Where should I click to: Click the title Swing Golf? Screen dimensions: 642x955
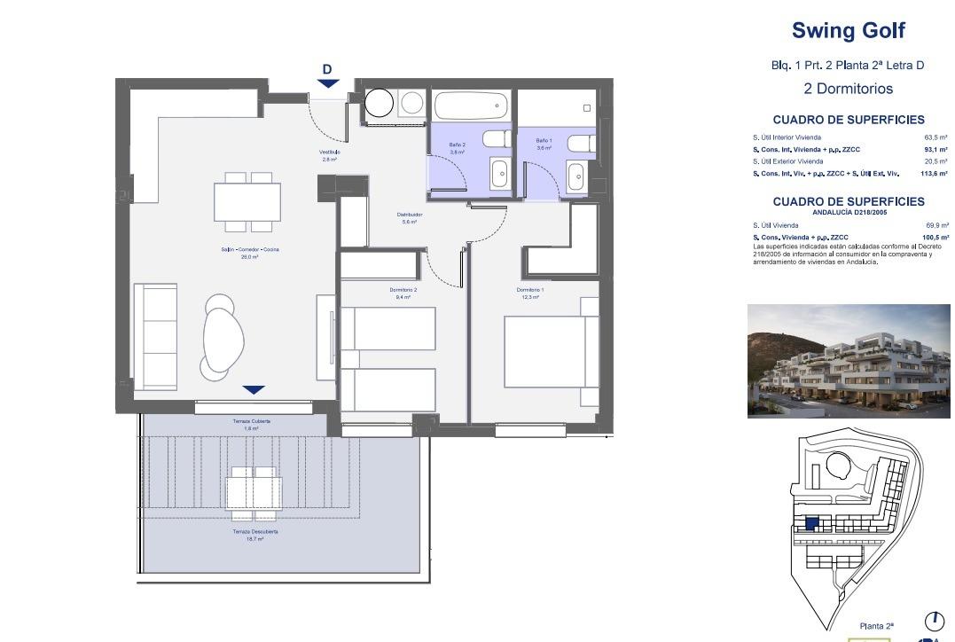pos(848,31)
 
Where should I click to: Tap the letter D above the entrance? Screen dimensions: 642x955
pos(327,69)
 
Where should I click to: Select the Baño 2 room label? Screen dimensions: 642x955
pos(457,145)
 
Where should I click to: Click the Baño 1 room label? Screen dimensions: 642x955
pos(544,141)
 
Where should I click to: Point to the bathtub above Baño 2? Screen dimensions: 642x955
pos(471,106)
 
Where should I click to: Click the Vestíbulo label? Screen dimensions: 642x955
pos(329,153)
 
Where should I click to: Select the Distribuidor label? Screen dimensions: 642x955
pos(409,215)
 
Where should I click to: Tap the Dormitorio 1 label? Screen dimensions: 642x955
pos(530,290)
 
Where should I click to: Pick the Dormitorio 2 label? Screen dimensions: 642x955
pos(403,290)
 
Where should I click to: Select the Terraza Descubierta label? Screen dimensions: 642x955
pos(254,532)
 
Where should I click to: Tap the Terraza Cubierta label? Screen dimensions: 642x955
pos(252,421)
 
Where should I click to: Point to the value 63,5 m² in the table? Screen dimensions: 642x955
pos(935,137)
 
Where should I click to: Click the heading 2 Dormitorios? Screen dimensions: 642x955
pos(848,89)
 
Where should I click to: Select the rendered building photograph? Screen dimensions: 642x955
pos(848,361)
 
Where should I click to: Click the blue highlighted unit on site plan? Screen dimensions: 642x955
pos(811,524)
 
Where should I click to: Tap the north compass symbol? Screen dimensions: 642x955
pos(934,621)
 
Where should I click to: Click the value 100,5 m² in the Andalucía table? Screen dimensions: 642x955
pos(935,238)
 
